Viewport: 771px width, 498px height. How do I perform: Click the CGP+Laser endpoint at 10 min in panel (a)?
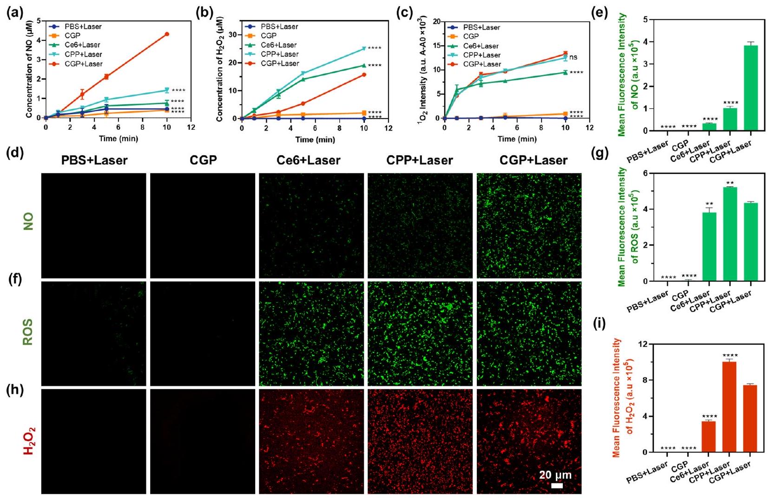167,34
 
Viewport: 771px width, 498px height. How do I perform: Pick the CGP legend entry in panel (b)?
268,36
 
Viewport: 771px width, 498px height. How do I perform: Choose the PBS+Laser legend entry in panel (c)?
481,27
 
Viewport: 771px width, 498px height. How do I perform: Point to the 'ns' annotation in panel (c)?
573,57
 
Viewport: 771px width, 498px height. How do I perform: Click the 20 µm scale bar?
557,486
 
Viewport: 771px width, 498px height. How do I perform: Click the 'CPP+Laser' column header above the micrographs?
419,160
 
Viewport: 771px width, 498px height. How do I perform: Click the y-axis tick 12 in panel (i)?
643,344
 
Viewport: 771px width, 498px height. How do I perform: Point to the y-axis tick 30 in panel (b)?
233,35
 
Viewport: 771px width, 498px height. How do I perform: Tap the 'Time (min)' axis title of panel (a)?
118,138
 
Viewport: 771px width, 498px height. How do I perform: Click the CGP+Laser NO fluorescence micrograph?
529,226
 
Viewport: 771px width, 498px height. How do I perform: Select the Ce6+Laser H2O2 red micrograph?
311,441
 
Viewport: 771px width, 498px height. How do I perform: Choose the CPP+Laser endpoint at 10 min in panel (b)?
364,48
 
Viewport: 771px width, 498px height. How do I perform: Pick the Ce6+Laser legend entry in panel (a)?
82,45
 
